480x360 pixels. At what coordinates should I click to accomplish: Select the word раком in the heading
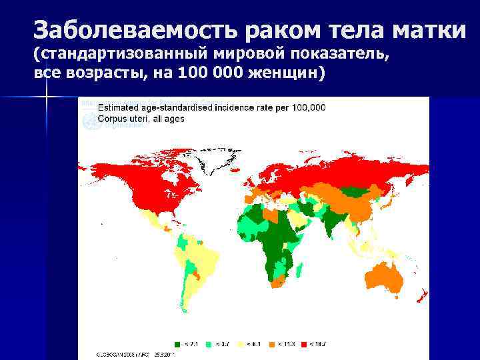click(284, 30)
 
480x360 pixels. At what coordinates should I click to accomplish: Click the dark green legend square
click(177, 344)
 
